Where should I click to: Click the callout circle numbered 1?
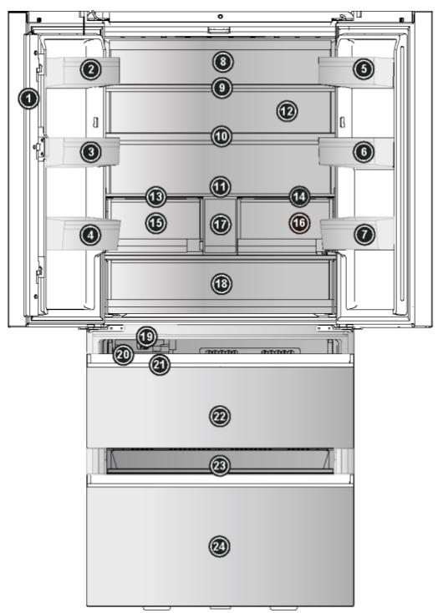[x=29, y=99]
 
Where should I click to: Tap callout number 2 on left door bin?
[x=91, y=70]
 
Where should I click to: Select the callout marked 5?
[x=364, y=70]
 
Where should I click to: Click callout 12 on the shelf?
[x=287, y=109]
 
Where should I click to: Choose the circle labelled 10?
[x=220, y=135]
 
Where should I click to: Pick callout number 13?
[x=155, y=196]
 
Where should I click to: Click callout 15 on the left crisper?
[x=155, y=223]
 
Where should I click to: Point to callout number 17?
[x=220, y=224]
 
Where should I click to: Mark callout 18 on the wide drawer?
[x=220, y=284]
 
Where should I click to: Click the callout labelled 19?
[x=146, y=337]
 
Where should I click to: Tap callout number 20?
[x=123, y=354]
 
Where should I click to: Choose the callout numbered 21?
[x=160, y=364]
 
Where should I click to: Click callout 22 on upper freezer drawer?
[x=220, y=415]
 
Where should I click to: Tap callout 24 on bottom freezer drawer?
[x=220, y=545]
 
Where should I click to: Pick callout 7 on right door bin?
[x=364, y=236]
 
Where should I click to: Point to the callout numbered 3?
[x=91, y=151]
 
